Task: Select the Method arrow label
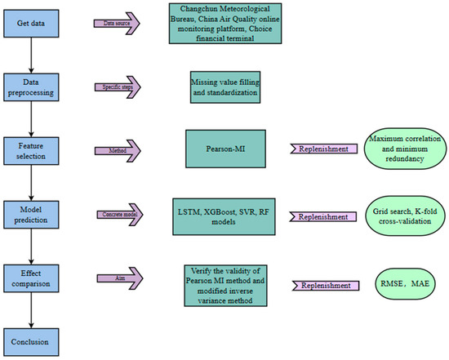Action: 115,150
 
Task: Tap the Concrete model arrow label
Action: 115,214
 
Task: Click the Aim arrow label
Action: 115,278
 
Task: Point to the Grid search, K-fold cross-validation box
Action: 406,216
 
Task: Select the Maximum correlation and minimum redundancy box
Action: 406,150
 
